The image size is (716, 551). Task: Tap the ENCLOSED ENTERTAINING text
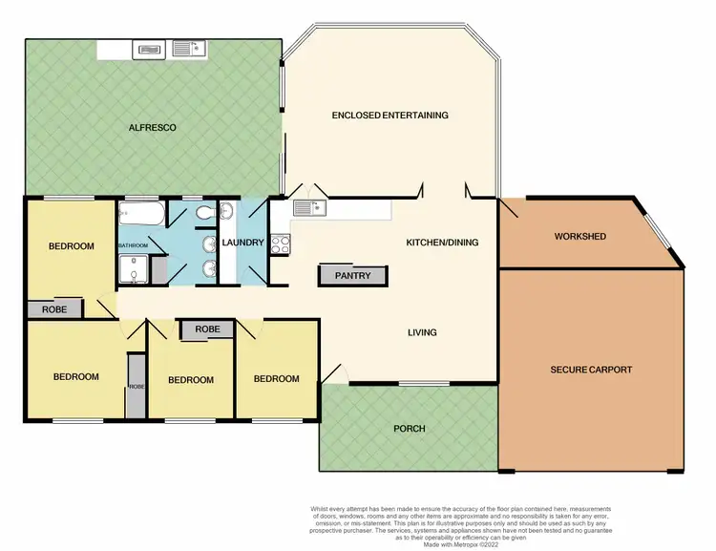click(x=390, y=116)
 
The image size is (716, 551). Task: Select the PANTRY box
click(x=352, y=276)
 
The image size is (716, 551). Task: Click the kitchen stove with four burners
click(x=280, y=243)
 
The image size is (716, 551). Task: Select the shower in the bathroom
click(x=134, y=272)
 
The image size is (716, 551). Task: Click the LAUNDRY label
click(x=242, y=243)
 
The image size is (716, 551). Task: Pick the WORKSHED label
click(x=580, y=236)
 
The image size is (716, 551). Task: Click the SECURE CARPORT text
click(x=591, y=370)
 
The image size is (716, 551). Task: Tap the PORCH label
click(x=409, y=428)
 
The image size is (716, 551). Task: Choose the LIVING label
click(x=422, y=332)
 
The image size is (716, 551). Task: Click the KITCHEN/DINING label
click(x=442, y=243)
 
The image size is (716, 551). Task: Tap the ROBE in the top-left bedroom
click(x=54, y=309)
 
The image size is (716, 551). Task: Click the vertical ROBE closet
click(x=136, y=387)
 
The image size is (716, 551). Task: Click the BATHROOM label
click(x=134, y=245)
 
